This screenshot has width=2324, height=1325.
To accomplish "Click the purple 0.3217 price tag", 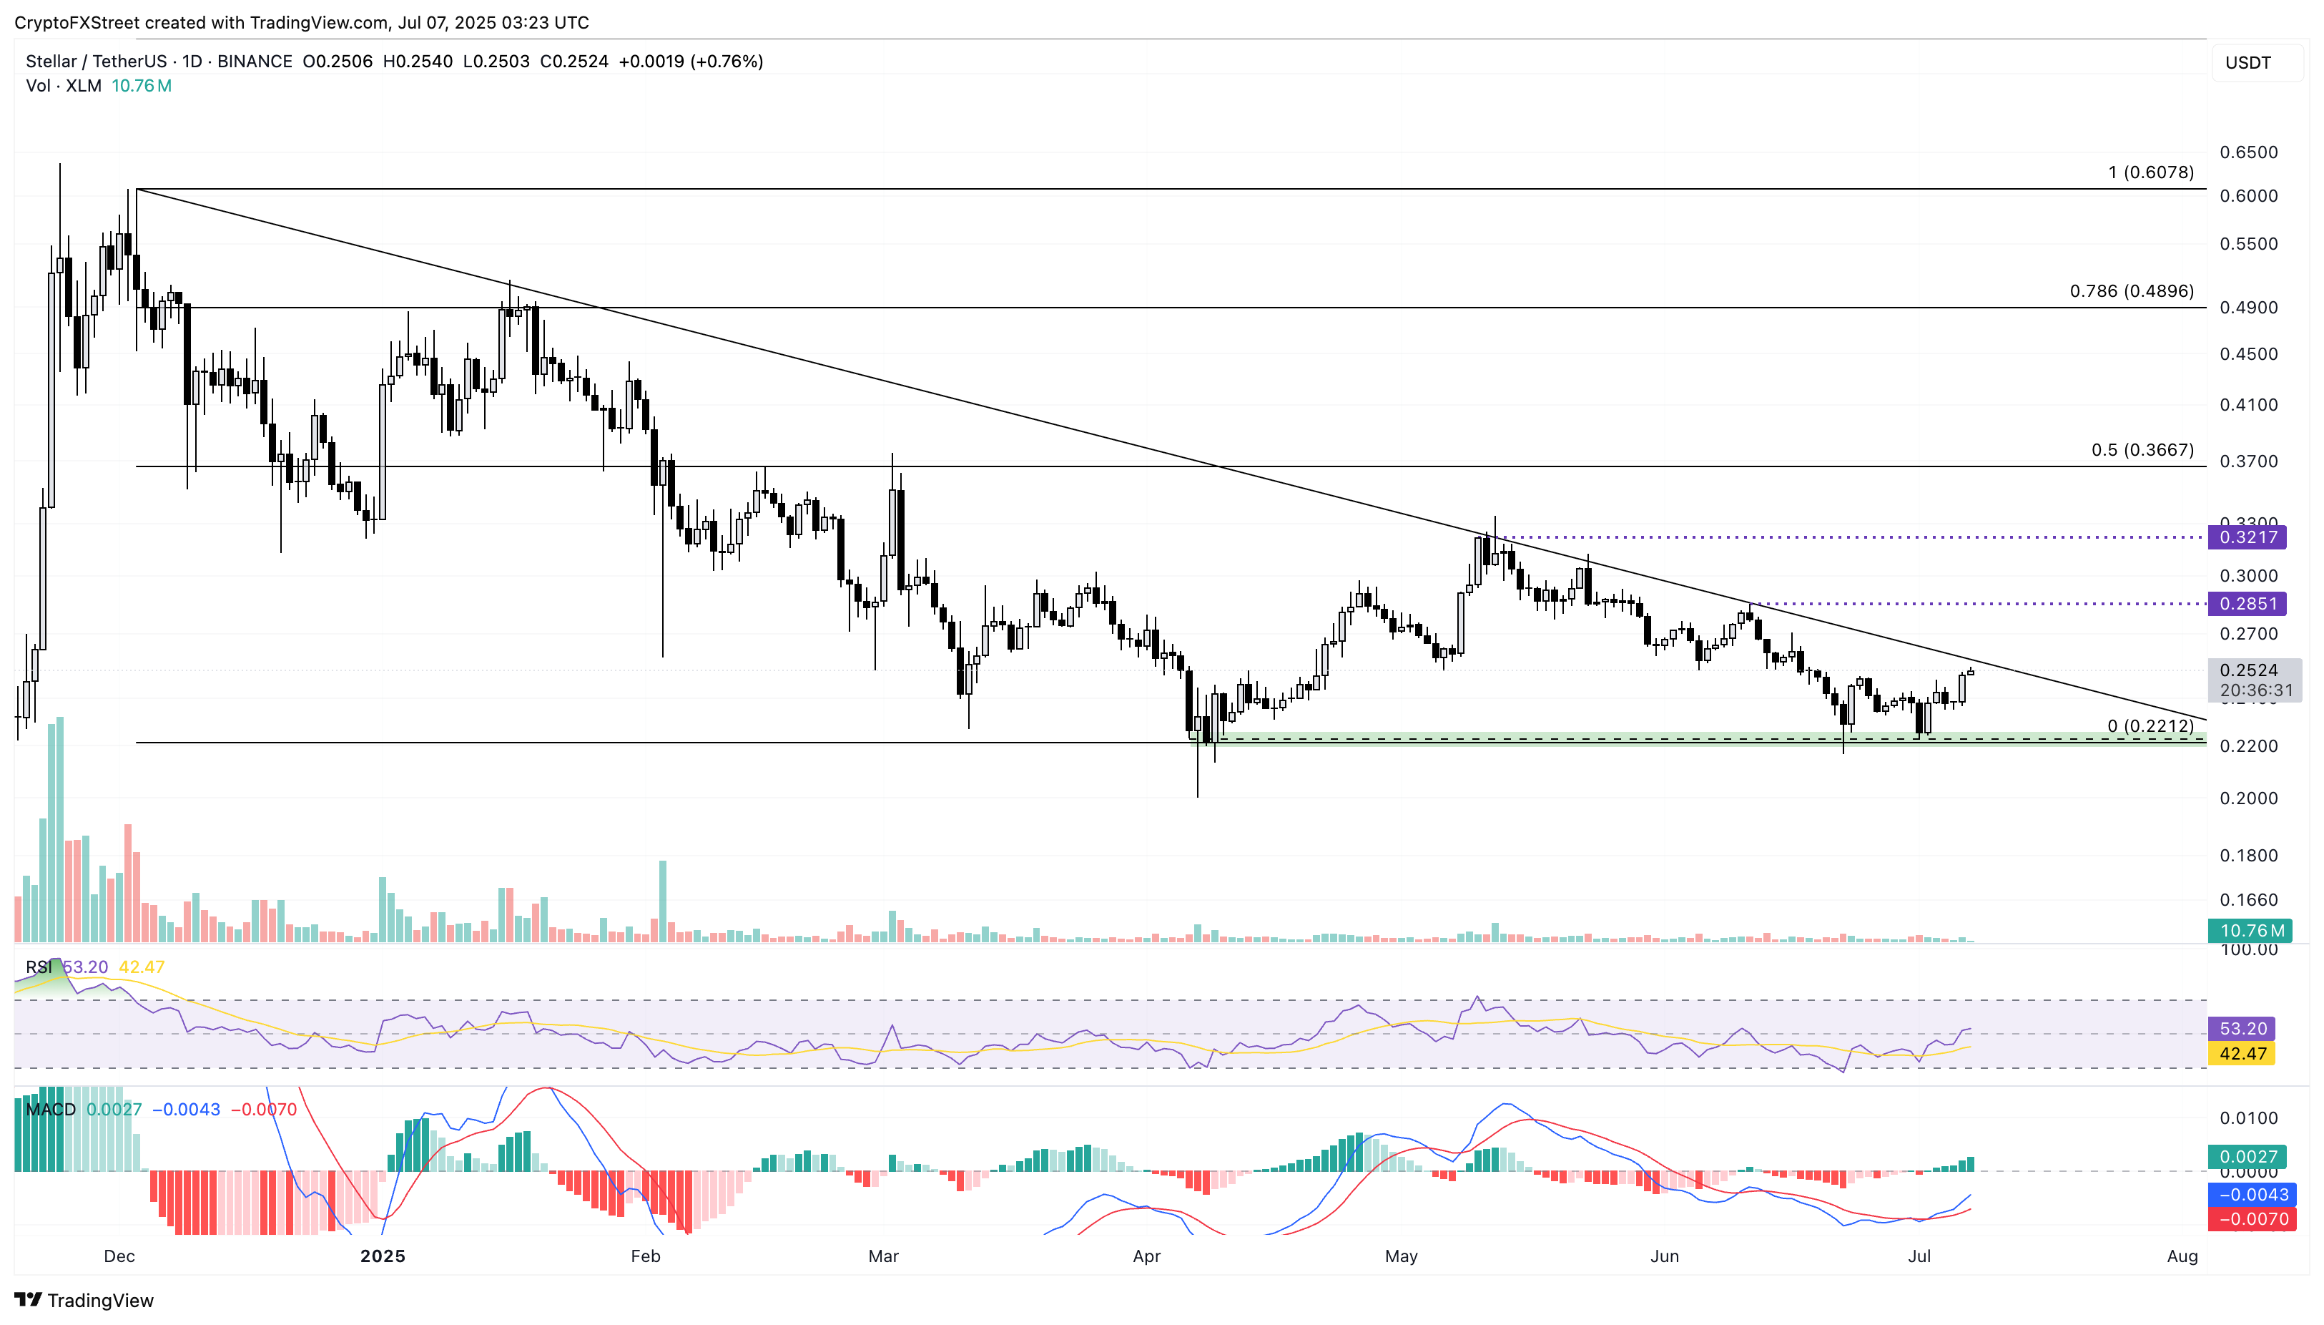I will [2247, 537].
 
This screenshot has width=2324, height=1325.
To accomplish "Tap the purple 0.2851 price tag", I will [2247, 603].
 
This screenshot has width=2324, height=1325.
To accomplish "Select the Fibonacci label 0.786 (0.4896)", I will [2131, 291].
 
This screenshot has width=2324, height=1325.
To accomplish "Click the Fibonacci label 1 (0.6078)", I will [2150, 172].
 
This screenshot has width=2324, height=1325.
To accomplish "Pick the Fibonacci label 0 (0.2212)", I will [2150, 725].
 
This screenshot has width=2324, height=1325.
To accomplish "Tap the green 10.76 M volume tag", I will [2250, 930].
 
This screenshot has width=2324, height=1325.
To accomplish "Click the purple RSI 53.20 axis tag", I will [2242, 1028].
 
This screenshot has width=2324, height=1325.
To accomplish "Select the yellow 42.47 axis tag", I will [2242, 1053].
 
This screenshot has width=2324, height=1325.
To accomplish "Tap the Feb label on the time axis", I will [645, 1256].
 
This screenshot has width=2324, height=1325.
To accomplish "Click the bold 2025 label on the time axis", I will [382, 1256].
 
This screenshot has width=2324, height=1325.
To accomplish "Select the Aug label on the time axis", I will [2182, 1256].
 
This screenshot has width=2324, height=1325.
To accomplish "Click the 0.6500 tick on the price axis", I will [2248, 152].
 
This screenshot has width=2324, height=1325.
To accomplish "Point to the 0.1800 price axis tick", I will [2248, 856].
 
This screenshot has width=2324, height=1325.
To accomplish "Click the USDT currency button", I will [2248, 63].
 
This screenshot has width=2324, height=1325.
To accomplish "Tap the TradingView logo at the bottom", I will [84, 1299].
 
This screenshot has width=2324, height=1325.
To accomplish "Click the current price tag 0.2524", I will [2248, 670].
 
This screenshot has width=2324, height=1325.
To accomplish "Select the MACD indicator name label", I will [51, 1110].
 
